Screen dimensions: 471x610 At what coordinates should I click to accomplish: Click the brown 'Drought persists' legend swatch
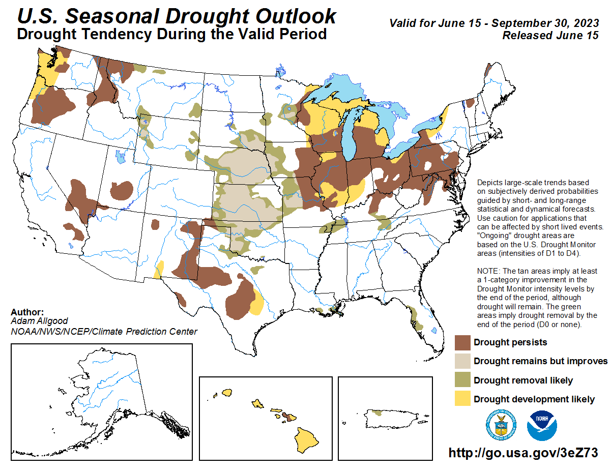[462, 342]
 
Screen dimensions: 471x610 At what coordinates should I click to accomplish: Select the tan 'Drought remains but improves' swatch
[462, 361]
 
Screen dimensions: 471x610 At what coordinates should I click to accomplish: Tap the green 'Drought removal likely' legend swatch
[462, 380]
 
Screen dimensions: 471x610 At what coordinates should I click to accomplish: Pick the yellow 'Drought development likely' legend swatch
[462, 399]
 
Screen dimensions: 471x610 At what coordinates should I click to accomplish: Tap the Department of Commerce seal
[502, 425]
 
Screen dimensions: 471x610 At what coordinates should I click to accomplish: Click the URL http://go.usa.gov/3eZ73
[522, 453]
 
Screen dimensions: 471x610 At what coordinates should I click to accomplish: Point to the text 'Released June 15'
[550, 36]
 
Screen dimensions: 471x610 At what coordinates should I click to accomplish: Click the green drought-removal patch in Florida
[417, 318]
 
